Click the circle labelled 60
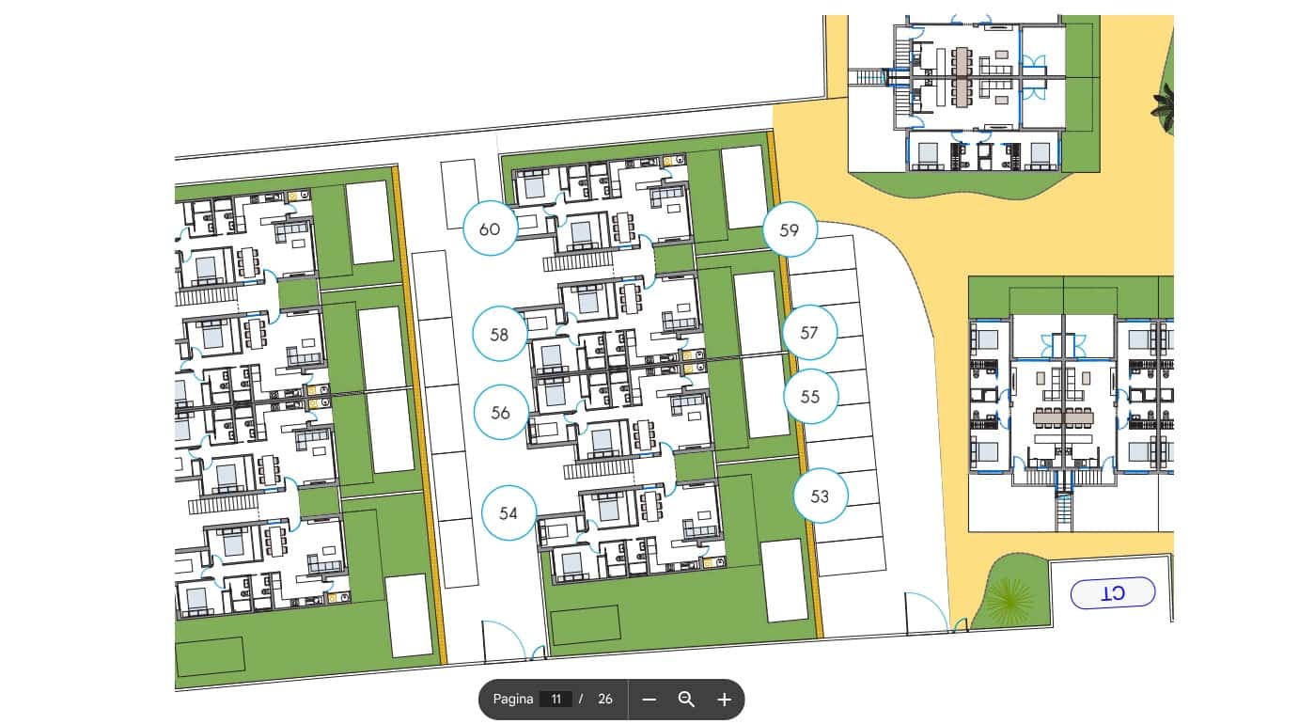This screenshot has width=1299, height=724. (490, 228)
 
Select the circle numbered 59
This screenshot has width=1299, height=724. (789, 228)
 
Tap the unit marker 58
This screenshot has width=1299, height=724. (499, 334)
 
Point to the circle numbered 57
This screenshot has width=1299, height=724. (809, 332)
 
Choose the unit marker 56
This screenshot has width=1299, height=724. (500, 412)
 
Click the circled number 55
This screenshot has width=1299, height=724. (810, 397)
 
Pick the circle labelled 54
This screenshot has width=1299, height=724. (509, 513)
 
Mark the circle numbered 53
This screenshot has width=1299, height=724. (820, 496)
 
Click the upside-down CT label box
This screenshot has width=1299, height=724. (1113, 593)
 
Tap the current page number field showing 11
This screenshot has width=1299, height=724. (556, 700)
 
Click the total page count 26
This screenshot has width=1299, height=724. (605, 700)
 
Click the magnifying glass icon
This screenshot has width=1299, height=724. (686, 700)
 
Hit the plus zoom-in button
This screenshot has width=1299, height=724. (724, 700)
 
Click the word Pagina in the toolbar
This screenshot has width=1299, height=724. (513, 700)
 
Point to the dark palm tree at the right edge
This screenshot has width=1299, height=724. (1166, 105)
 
